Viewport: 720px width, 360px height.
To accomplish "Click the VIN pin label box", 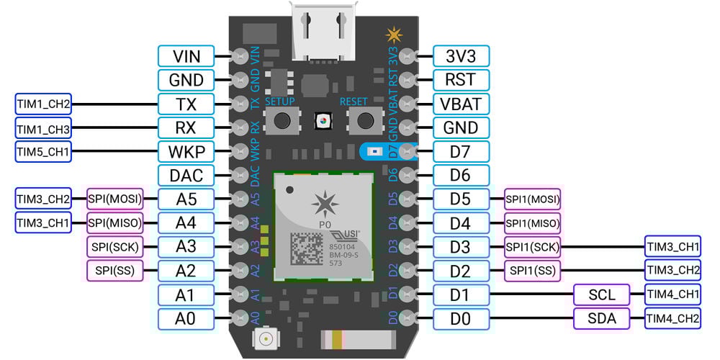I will pyautogui.click(x=186, y=55).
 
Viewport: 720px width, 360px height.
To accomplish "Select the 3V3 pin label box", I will pyautogui.click(x=462, y=55).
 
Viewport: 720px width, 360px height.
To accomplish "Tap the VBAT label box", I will pyautogui.click(x=462, y=104).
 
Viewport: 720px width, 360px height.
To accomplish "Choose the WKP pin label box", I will pyautogui.click(x=186, y=151).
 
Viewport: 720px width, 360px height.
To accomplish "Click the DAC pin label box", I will pyautogui.click(x=186, y=175).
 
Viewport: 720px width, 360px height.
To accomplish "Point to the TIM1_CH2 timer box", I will pyautogui.click(x=43, y=104).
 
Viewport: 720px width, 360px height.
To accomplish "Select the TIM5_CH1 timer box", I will pyautogui.click(x=43, y=151).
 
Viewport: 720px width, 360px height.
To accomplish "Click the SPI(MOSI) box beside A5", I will pyautogui.click(x=114, y=199).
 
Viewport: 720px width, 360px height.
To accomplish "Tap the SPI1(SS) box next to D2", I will pyautogui.click(x=532, y=271).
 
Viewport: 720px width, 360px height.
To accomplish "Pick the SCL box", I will pyautogui.click(x=601, y=294).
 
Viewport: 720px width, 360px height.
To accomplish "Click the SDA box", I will pyautogui.click(x=601, y=318).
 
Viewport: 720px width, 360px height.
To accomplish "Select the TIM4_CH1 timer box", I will pyautogui.click(x=672, y=294).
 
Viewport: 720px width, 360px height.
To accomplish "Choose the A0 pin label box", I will pyautogui.click(x=186, y=318).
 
